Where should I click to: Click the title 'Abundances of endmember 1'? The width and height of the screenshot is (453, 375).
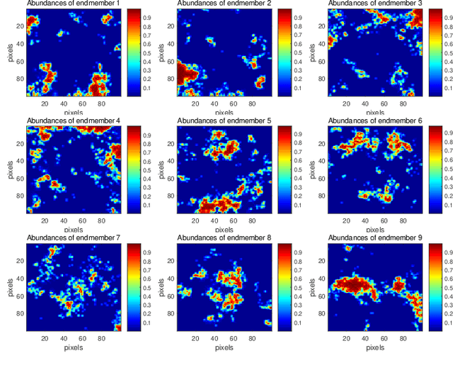(x=74, y=4)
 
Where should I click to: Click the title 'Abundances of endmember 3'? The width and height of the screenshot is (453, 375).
(x=375, y=4)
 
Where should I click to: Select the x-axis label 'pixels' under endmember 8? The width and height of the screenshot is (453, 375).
(x=224, y=347)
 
